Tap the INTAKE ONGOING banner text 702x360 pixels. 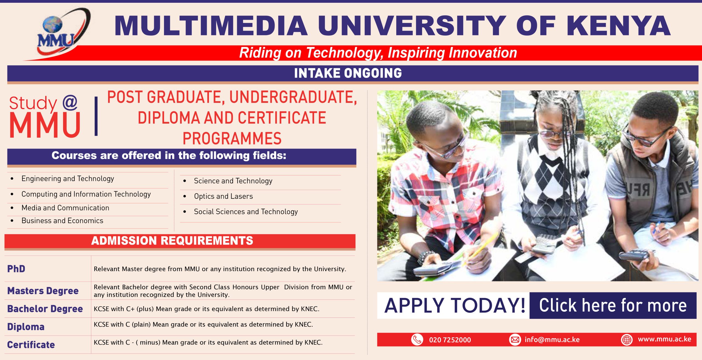[348, 73]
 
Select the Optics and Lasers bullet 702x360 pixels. [223, 196]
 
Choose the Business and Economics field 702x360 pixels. [62, 221]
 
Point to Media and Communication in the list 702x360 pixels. [65, 208]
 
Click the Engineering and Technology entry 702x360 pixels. [67, 179]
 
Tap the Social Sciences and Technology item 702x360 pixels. [246, 212]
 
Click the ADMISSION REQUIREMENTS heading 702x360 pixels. [172, 241]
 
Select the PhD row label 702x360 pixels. [16, 269]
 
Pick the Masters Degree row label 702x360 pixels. [43, 291]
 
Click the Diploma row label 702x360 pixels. [26, 327]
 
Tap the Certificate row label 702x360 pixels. [31, 345]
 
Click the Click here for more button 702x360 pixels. [613, 305]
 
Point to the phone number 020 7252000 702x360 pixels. [450, 340]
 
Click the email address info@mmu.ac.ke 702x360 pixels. [552, 340]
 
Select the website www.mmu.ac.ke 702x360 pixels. [664, 339]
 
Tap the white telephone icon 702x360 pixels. [417, 340]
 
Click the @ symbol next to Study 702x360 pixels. [70, 103]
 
